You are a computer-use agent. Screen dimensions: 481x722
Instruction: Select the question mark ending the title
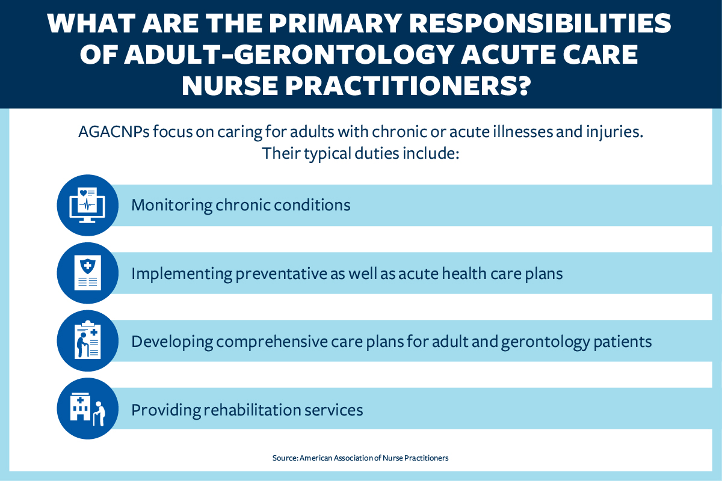(x=522, y=86)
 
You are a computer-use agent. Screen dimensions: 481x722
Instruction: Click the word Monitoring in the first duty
(x=171, y=206)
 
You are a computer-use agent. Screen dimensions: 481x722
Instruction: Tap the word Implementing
(x=180, y=274)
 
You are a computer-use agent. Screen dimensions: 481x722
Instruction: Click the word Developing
(x=171, y=342)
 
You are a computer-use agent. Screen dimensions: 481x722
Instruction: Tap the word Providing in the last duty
(x=165, y=409)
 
